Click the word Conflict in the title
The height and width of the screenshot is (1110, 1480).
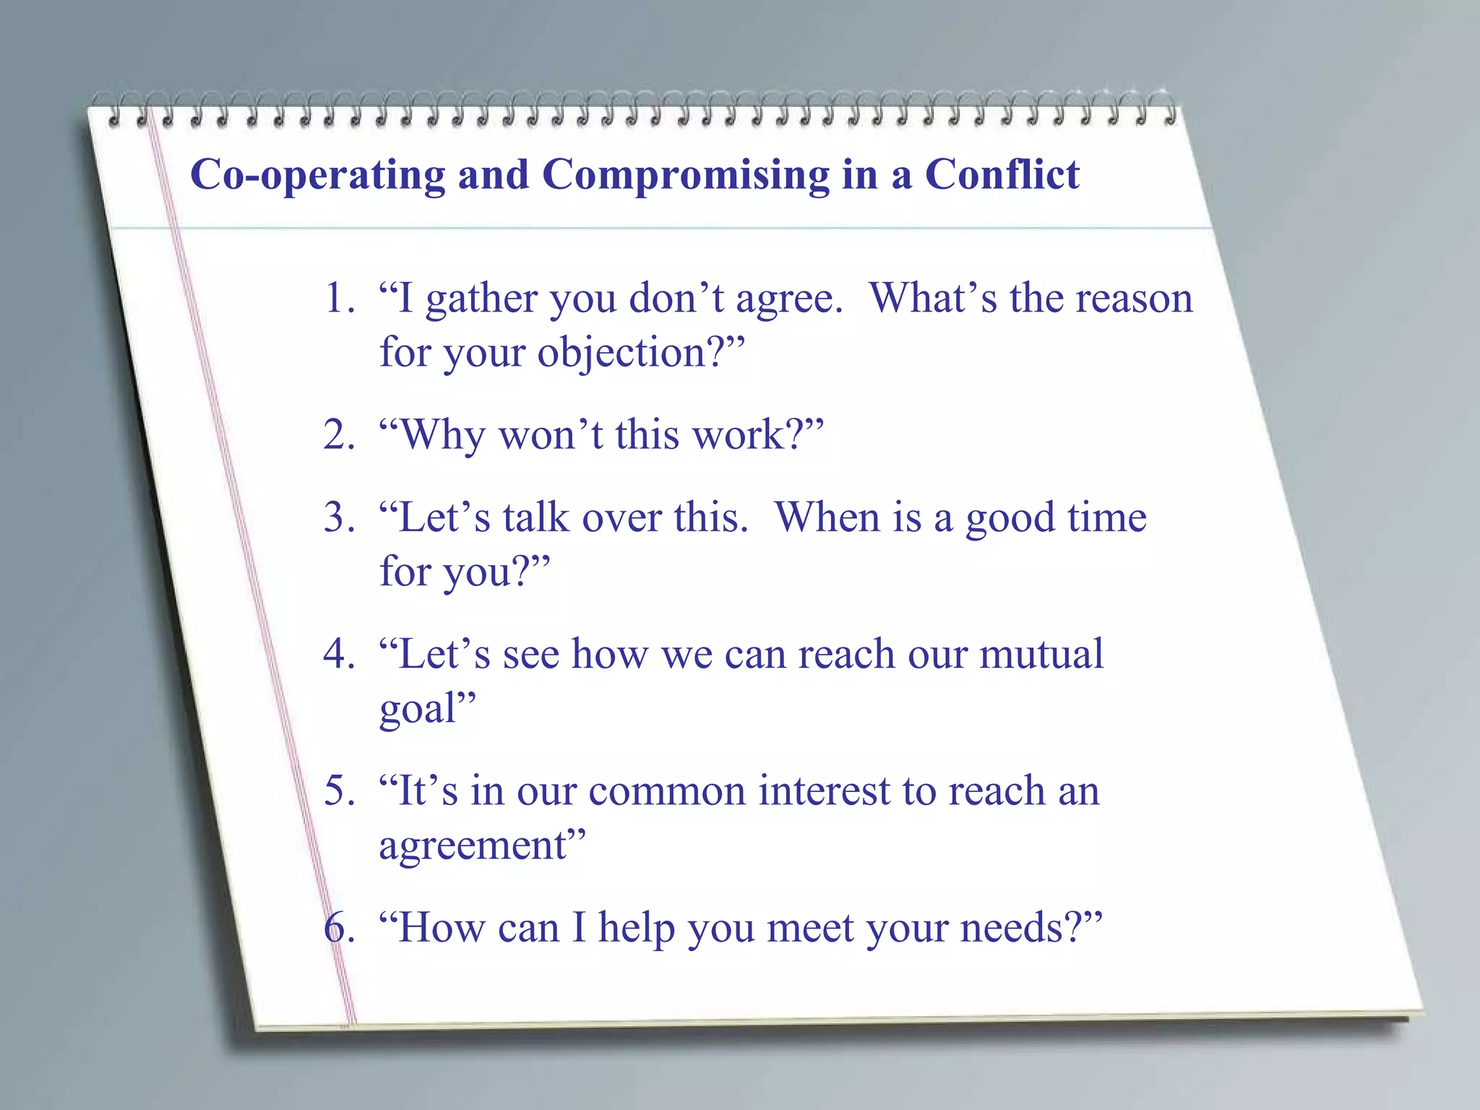[1002, 175]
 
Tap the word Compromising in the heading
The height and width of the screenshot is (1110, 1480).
[685, 176]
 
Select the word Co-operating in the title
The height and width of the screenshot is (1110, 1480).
[317, 176]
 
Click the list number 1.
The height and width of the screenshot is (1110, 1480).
[338, 298]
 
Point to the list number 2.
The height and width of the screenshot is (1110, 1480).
[338, 435]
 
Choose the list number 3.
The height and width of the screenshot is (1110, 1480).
[338, 517]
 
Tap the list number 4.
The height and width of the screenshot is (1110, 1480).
[338, 654]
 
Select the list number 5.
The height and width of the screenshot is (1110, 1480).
[338, 791]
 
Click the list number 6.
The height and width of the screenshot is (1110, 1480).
[338, 927]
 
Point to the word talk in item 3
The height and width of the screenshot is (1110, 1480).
[536, 517]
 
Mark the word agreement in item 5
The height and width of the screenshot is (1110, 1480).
[473, 846]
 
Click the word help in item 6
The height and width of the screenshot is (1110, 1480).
[636, 929]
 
